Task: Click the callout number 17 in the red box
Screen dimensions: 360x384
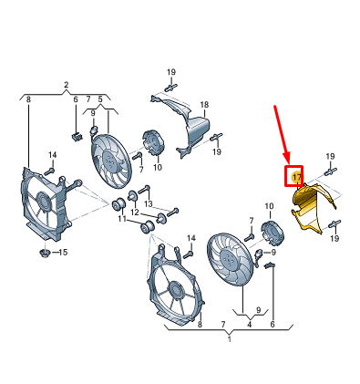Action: click(x=296, y=177)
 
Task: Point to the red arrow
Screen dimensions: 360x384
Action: click(x=282, y=135)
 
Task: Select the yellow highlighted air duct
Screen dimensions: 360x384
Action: click(x=312, y=208)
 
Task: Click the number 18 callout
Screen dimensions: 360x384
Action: click(x=204, y=105)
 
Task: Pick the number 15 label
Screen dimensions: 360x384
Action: click(x=63, y=252)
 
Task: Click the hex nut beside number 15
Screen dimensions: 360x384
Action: click(x=45, y=252)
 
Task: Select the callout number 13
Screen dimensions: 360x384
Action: click(x=149, y=203)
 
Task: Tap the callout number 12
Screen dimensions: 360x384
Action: click(x=135, y=212)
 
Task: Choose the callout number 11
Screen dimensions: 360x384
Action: click(x=122, y=219)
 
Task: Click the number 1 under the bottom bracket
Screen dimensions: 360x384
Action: click(x=230, y=339)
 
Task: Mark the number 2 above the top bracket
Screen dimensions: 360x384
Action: click(x=67, y=85)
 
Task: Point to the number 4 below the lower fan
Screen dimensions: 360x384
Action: click(x=250, y=325)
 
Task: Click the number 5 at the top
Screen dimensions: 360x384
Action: click(x=100, y=99)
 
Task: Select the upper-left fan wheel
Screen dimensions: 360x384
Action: click(x=110, y=160)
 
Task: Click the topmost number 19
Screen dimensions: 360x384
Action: click(x=171, y=72)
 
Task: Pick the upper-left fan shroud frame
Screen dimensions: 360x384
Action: click(x=46, y=205)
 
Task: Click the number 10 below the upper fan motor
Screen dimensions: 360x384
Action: click(x=158, y=167)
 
